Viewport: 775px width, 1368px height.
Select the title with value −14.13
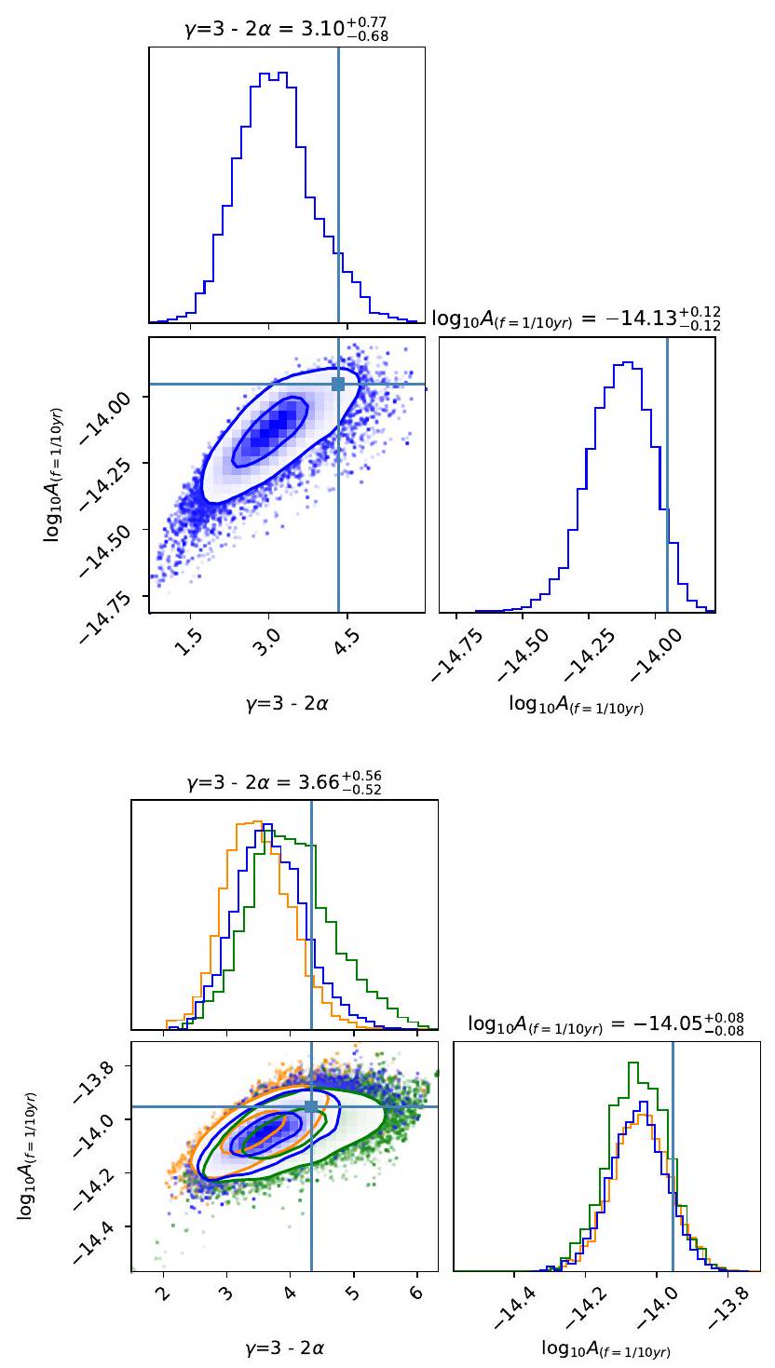(577, 318)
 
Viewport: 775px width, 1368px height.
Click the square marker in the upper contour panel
(338, 384)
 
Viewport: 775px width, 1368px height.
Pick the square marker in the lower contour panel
(311, 1106)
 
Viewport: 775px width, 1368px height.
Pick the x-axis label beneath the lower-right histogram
(605, 1348)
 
